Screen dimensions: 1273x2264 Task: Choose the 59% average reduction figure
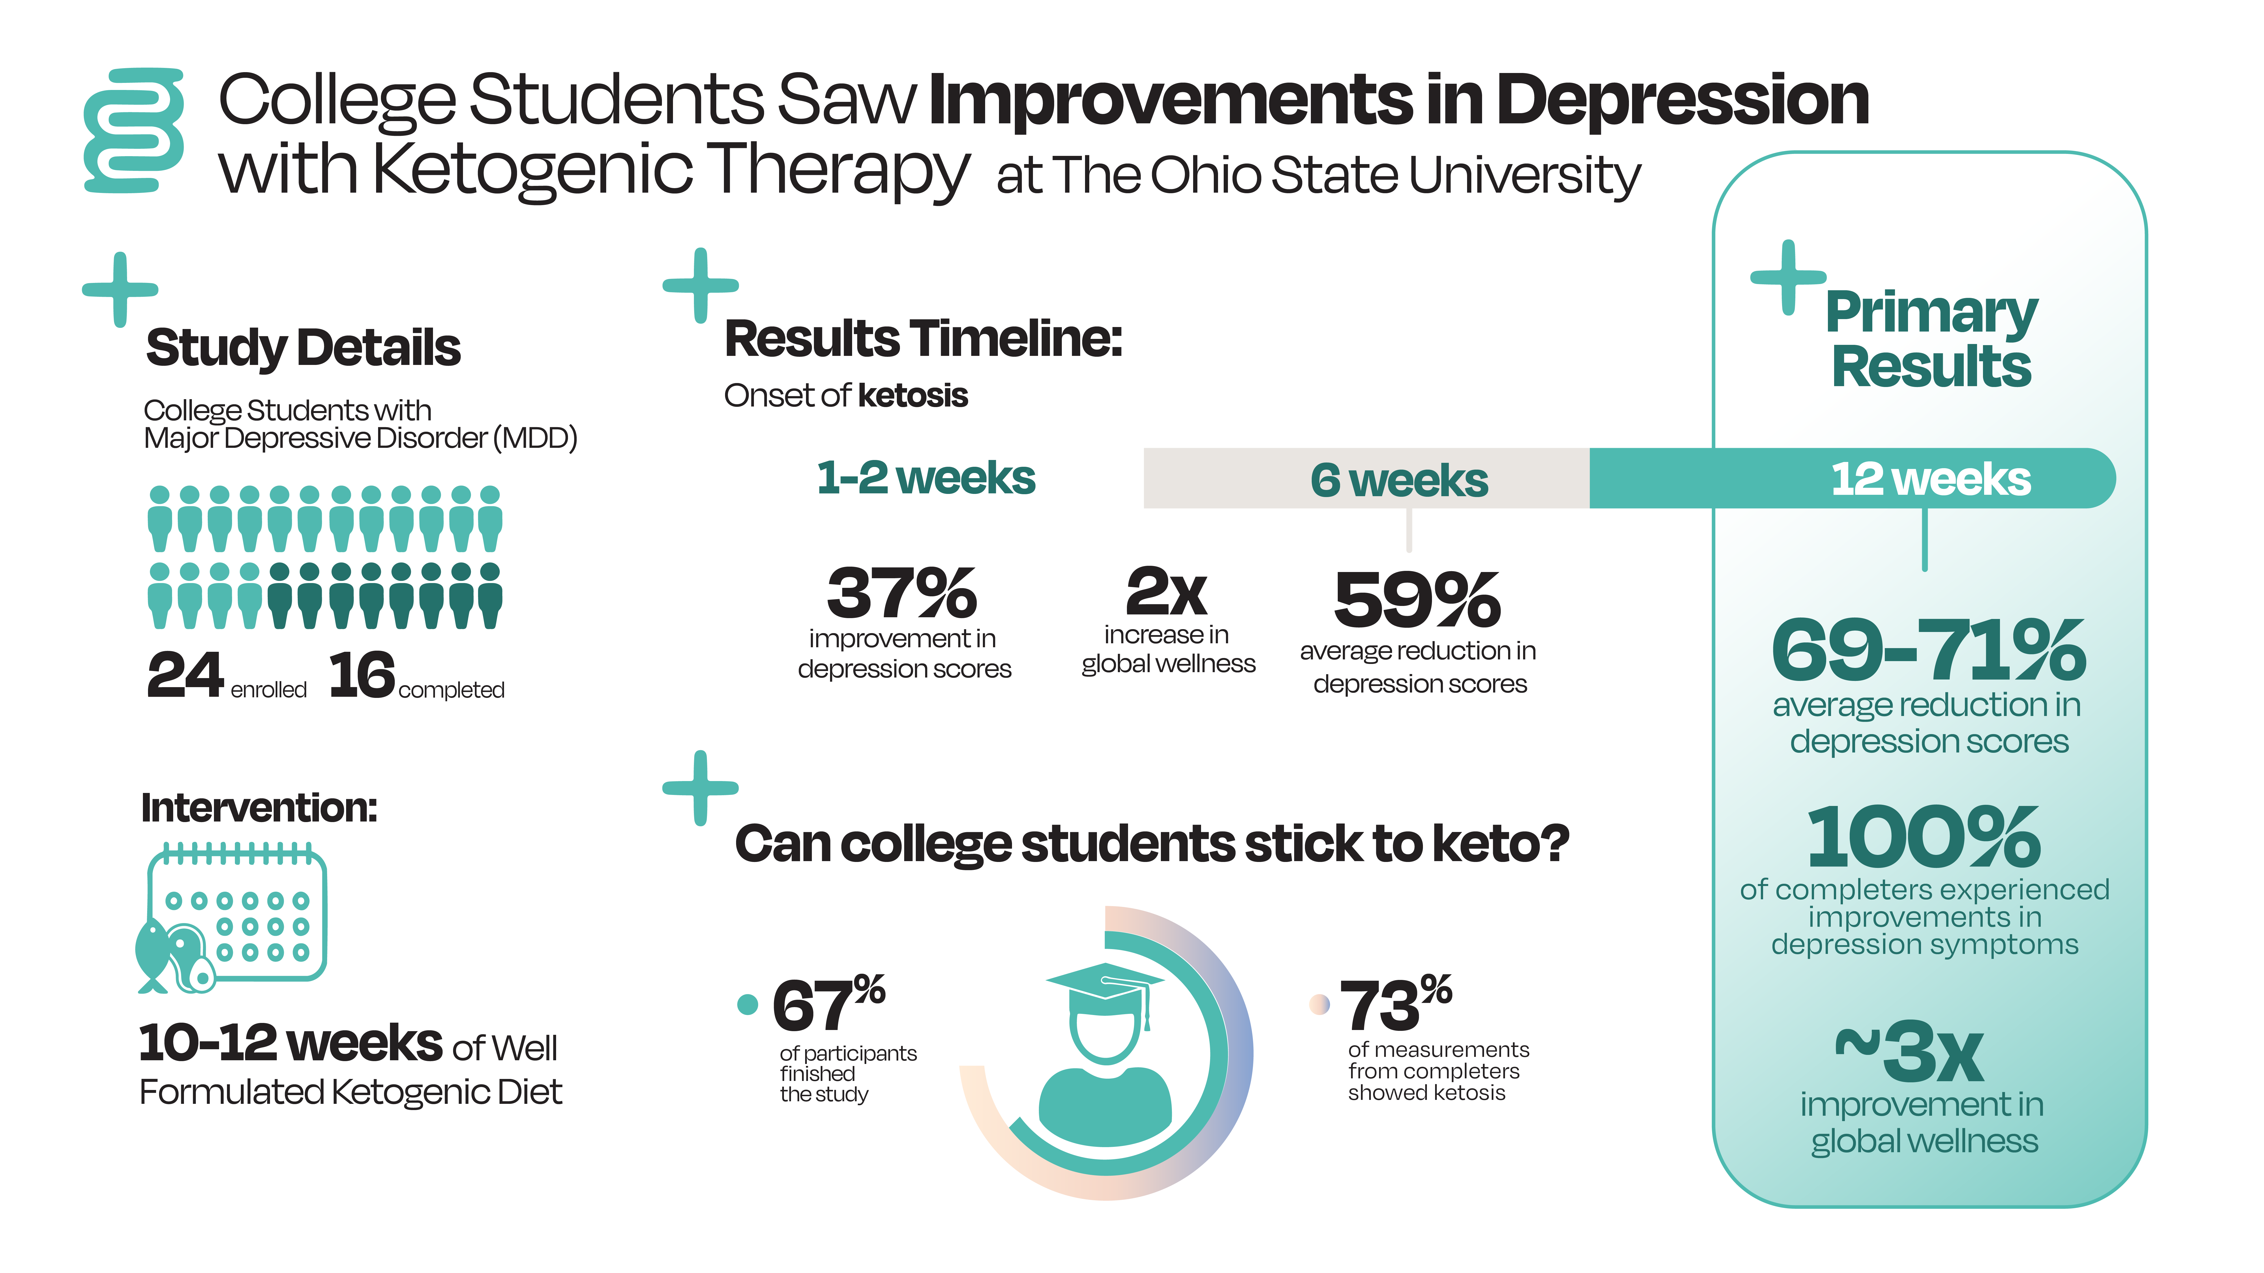[x=1417, y=600]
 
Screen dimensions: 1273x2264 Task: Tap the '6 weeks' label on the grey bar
[x=1399, y=481]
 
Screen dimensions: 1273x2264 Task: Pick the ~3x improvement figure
[x=1909, y=1051]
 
